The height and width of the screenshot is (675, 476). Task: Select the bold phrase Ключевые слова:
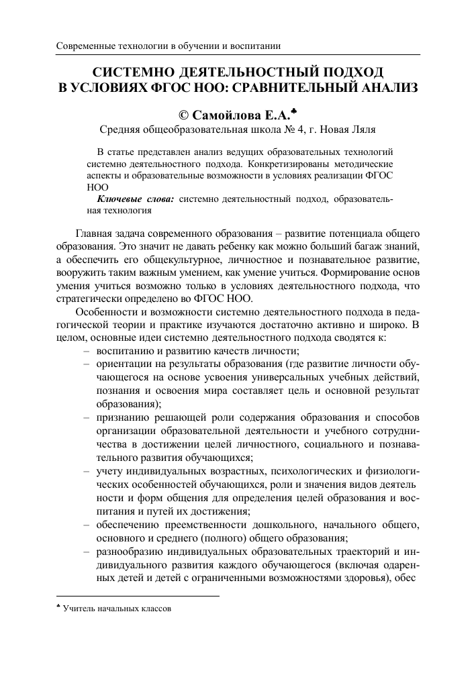coord(135,199)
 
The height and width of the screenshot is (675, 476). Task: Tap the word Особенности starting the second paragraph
coord(106,313)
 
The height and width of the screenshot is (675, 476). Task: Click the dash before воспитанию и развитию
coord(87,352)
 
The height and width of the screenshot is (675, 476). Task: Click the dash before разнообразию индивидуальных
coord(87,552)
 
